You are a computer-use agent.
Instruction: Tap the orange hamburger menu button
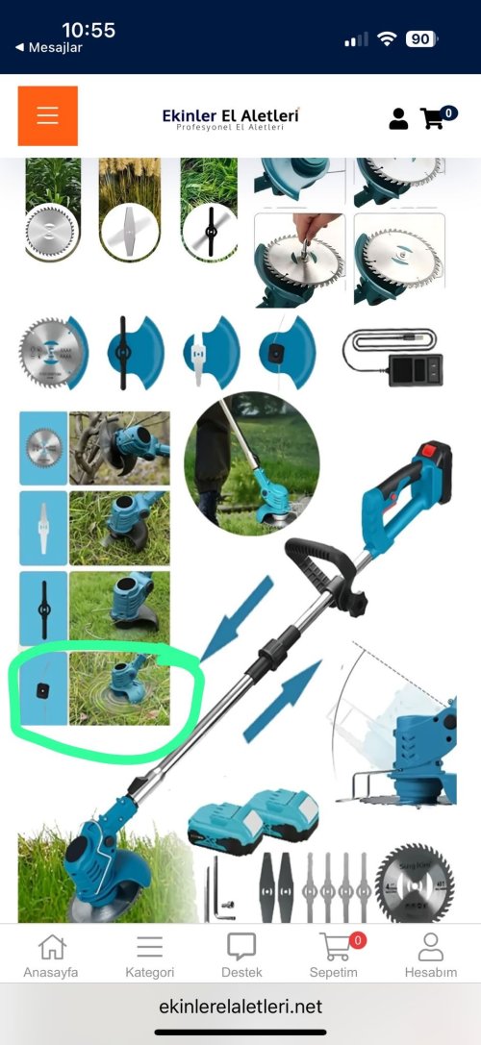tap(47, 115)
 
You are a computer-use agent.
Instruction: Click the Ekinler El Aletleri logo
tap(231, 118)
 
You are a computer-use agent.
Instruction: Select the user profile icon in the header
tap(398, 118)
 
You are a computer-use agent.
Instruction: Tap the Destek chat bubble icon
tap(241, 947)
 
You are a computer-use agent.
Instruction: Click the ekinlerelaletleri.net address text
tap(240, 1006)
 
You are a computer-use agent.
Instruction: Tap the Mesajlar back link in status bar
tap(49, 48)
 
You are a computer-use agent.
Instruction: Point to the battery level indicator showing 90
tap(421, 39)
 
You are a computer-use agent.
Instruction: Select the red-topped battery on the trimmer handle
tap(434, 466)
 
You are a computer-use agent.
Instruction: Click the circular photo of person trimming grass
tap(251, 463)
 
